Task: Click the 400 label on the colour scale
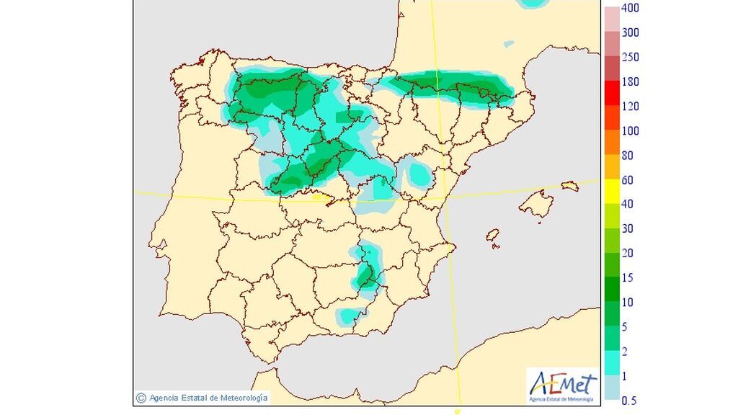(630, 8)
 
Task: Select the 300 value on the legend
(630, 32)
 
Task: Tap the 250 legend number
(630, 57)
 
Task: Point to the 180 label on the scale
(630, 81)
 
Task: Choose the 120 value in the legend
(630, 106)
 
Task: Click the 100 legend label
(630, 130)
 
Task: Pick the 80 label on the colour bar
(627, 155)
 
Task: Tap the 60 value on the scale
(627, 179)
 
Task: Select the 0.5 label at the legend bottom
(628, 400)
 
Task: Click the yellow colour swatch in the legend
(611, 192)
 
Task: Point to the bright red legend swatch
(611, 93)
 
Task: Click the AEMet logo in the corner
(562, 385)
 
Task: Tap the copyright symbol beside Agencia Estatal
(141, 397)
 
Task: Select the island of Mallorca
(536, 204)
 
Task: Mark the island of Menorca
(569, 186)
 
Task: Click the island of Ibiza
(494, 236)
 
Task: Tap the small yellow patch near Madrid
(317, 195)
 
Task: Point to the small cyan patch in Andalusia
(351, 315)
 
